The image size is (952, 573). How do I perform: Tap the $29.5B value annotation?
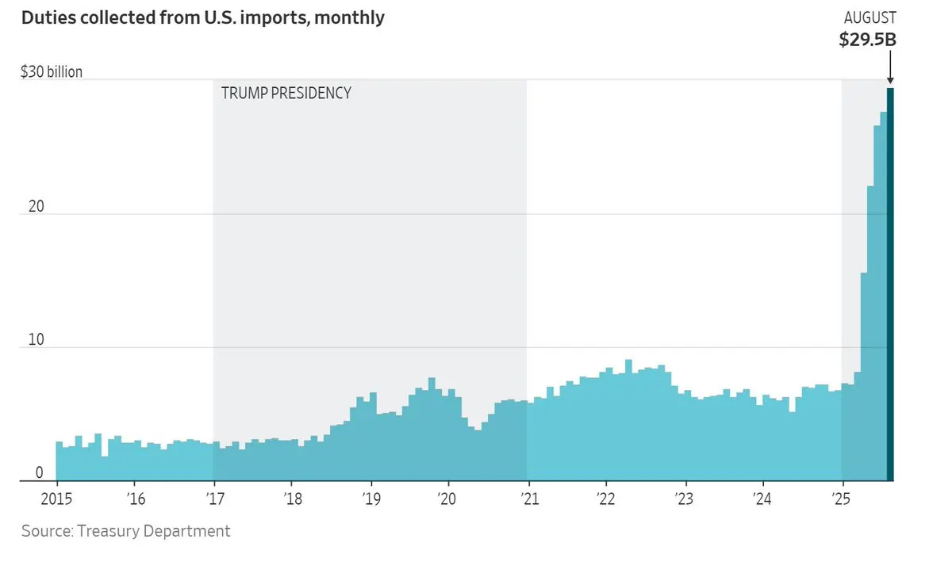868,40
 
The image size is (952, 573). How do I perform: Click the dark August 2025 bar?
890,285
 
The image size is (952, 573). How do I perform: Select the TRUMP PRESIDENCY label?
286,93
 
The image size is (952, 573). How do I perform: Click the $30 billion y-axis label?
52,72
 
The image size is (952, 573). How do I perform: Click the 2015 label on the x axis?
56,499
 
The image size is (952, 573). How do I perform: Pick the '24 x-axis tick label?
762,499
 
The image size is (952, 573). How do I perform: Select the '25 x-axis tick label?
841,499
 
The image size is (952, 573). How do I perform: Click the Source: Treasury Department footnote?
125,531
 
